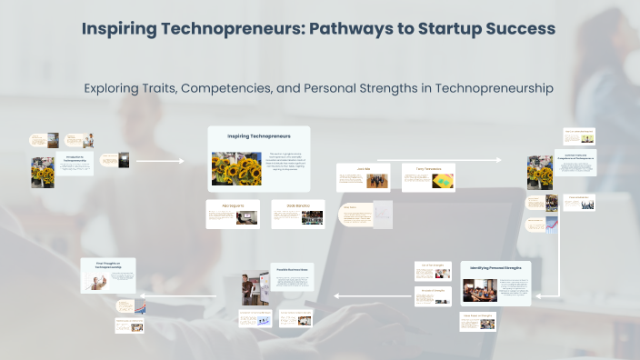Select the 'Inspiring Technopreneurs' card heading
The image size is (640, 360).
(x=258, y=136)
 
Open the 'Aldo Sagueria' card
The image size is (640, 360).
(x=233, y=214)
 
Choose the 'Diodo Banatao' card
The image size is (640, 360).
(x=298, y=214)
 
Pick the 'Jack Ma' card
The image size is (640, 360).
(x=364, y=176)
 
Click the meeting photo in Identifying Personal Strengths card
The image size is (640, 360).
(x=479, y=290)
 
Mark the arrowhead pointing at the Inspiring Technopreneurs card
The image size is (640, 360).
(x=181, y=161)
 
